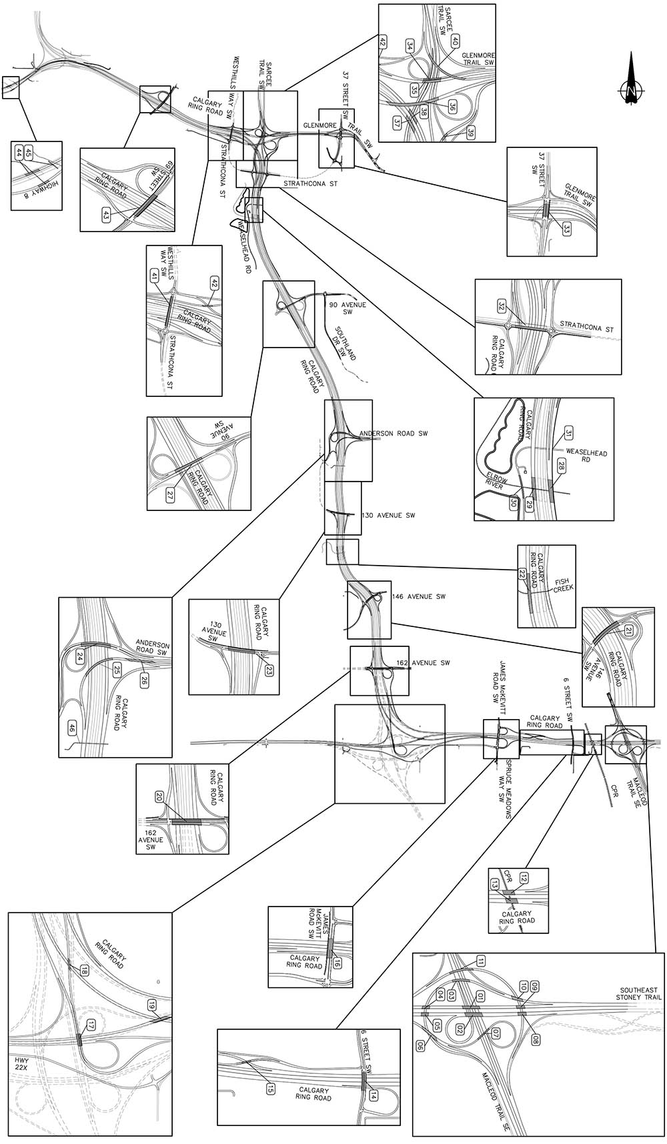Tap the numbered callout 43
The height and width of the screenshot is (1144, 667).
point(106,214)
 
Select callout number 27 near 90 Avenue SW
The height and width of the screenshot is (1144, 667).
point(170,495)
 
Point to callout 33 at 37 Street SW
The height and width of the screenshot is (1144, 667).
point(566,229)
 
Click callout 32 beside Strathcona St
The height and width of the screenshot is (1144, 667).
point(502,306)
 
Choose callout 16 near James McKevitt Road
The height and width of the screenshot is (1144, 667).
point(337,963)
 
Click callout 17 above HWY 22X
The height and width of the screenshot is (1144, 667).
point(91,1025)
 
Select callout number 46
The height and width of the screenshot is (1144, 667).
point(71,728)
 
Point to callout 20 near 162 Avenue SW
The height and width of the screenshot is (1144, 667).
point(159,797)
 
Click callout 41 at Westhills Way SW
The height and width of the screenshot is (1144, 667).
point(155,276)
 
